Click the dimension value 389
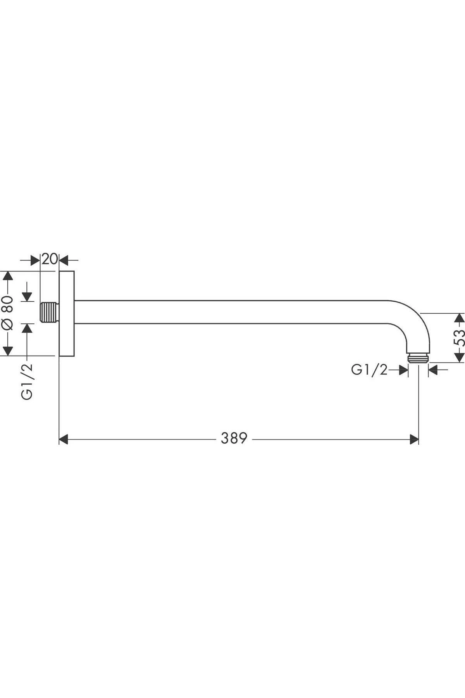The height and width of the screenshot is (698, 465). [234, 438]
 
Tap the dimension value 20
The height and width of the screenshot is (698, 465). [50, 259]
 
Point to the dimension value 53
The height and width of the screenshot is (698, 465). [459, 338]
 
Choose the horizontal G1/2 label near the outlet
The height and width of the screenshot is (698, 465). [369, 370]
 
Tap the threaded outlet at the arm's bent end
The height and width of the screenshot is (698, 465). [418, 358]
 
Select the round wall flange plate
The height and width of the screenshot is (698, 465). [66, 313]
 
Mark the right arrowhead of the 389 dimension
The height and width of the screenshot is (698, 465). [414, 439]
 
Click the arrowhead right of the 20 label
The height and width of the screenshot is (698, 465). [63, 260]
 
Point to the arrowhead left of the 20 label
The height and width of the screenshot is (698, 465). [36, 260]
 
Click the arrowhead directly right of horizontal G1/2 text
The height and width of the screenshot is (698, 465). [403, 370]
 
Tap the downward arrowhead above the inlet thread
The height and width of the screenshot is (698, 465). [27, 297]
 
